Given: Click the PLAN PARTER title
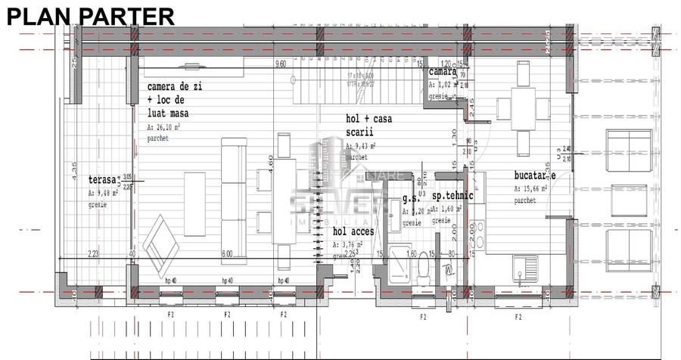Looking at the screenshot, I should click(91, 15).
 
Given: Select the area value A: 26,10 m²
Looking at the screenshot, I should click(169, 128).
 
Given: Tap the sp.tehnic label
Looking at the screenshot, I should click(452, 196).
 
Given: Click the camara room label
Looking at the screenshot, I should click(443, 72).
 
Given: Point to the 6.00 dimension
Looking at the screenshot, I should click(227, 254).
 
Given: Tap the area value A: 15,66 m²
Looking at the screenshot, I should click(536, 189).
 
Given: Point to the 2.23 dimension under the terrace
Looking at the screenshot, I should click(93, 254).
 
